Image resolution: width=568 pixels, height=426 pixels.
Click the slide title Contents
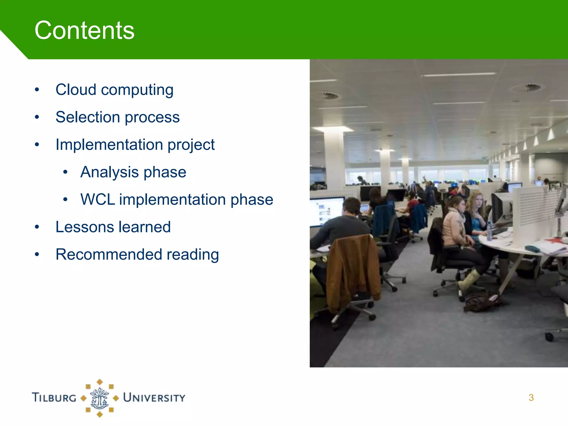click(x=84, y=31)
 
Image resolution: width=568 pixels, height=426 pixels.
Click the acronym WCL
click(x=97, y=200)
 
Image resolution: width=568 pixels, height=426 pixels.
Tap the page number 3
click(x=531, y=398)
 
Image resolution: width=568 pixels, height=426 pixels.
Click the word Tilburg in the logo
click(x=54, y=397)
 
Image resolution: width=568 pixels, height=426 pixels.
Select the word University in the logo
click(x=154, y=398)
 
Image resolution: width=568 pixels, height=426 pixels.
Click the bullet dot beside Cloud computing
click(x=37, y=90)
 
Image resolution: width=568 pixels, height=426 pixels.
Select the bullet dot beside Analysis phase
click(x=65, y=172)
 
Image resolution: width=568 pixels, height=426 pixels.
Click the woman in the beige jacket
click(x=455, y=227)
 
